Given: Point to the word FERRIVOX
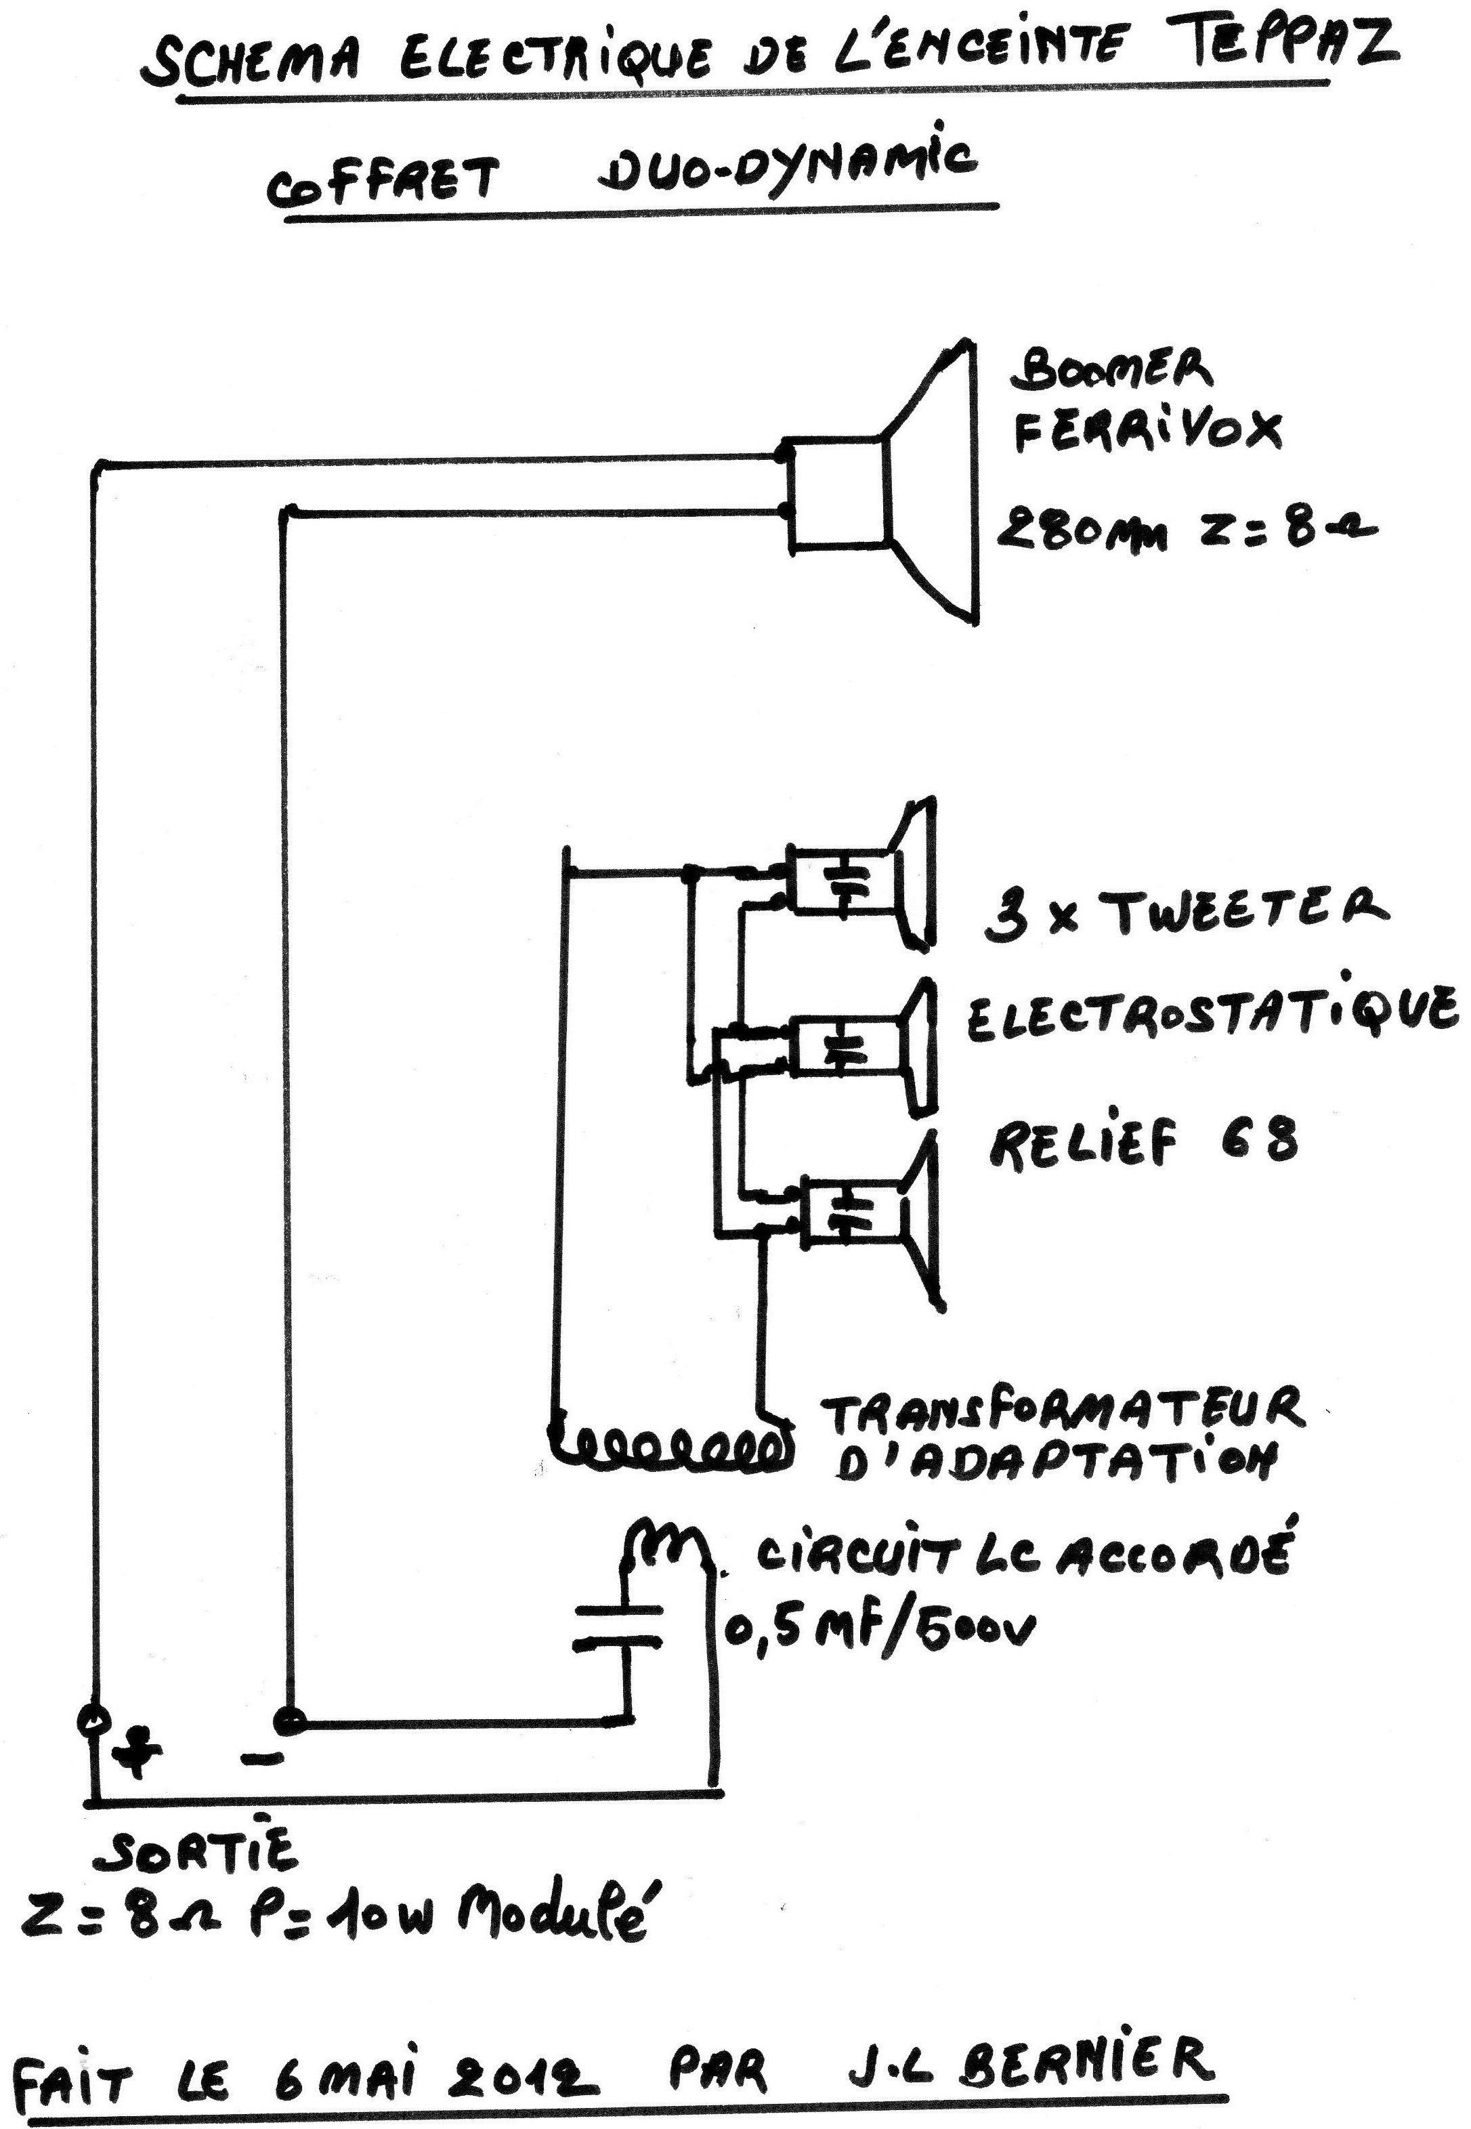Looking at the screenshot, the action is pyautogui.click(x=1147, y=429).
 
